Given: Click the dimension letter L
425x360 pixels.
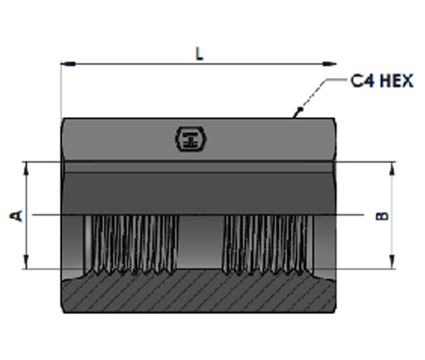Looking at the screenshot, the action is (x=200, y=53).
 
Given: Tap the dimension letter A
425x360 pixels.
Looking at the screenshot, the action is (x=16, y=216).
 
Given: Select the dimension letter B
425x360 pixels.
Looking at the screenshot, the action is (x=382, y=216).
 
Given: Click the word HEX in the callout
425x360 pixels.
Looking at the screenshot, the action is (x=397, y=81).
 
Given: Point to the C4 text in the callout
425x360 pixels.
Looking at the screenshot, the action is (x=363, y=81).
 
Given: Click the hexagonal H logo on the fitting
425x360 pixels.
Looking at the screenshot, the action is (x=190, y=139).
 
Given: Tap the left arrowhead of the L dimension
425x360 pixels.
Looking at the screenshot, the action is (x=68, y=64).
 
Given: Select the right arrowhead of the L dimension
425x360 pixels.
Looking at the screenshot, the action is (x=329, y=64).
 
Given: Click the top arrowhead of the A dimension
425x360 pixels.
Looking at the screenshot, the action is (x=26, y=169).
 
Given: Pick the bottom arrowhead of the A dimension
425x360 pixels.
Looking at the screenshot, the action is (x=26, y=262).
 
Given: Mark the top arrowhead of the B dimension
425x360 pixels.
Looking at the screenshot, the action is (x=392, y=169).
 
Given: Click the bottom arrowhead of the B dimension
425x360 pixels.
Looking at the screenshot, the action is (x=392, y=262).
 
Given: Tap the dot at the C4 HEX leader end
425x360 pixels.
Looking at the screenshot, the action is (x=301, y=109).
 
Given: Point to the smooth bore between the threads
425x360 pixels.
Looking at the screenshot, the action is (x=201, y=242).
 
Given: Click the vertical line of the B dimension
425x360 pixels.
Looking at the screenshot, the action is (x=392, y=216).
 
